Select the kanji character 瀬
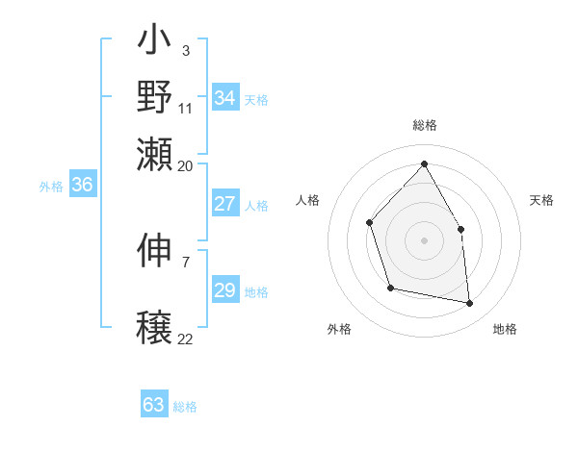click(155, 151)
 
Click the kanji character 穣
click(155, 327)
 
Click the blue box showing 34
click(225, 98)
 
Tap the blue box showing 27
click(225, 204)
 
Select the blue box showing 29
click(225, 290)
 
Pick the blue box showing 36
click(82, 186)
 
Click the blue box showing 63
click(154, 405)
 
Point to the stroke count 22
click(186, 339)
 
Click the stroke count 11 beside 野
click(186, 108)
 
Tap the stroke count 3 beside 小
click(186, 50)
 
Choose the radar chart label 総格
click(424, 126)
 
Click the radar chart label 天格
click(541, 200)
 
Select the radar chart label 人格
click(308, 200)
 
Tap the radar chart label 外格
click(339, 329)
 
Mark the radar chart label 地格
click(505, 329)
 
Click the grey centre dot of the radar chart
click(424, 239)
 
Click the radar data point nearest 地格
click(470, 304)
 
